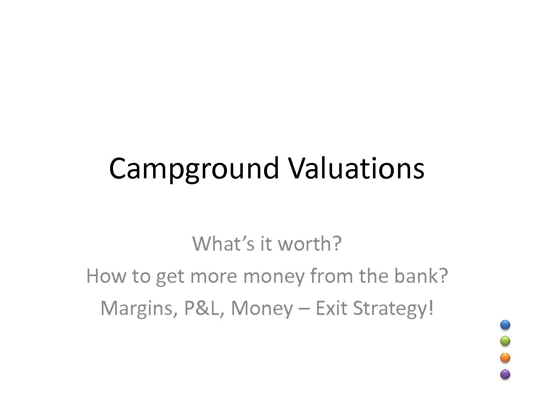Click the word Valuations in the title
[x=356, y=168]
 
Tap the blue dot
[x=505, y=325]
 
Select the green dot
[x=505, y=341]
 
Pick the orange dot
[x=505, y=358]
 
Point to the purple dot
[x=505, y=374]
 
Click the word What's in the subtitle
[x=223, y=244]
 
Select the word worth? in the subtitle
[x=310, y=244]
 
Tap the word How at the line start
[x=106, y=276]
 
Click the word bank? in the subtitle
[x=421, y=276]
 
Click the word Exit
[x=332, y=308]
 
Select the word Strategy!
[x=393, y=309]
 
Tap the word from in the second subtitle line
[x=332, y=276]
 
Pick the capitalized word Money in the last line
[x=262, y=309]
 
